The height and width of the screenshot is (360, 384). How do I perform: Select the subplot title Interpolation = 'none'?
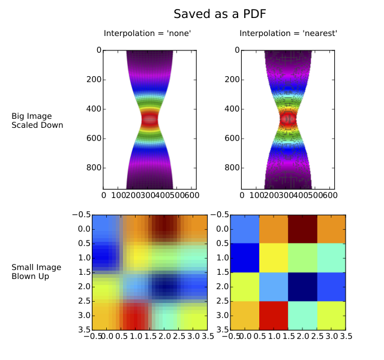pyautogui.click(x=148, y=34)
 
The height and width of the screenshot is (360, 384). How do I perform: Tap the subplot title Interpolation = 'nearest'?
pyautogui.click(x=288, y=34)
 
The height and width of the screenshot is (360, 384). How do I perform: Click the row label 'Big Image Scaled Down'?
pyautogui.click(x=37, y=121)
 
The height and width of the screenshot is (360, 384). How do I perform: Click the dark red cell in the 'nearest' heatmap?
pyautogui.click(x=302, y=229)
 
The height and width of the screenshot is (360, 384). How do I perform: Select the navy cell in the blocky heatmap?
pyautogui.click(x=302, y=286)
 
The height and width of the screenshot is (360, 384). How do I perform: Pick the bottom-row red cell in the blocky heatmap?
pyautogui.click(x=274, y=315)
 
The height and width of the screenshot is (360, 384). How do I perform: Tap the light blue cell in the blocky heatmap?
pyautogui.click(x=274, y=286)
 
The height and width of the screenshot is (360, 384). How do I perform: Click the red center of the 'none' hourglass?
pyautogui.click(x=149, y=119)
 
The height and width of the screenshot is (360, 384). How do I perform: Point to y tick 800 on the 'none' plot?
pyautogui.click(x=93, y=167)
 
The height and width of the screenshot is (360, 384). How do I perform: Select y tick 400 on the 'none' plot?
pyautogui.click(x=93, y=109)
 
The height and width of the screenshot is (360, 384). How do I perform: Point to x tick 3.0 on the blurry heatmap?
pyautogui.click(x=192, y=337)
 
